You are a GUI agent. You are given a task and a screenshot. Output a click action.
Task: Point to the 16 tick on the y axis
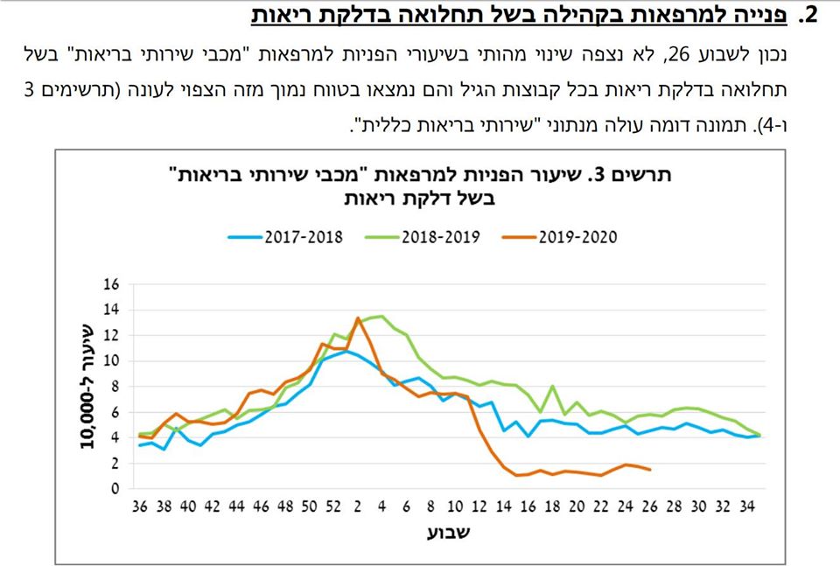click(x=109, y=284)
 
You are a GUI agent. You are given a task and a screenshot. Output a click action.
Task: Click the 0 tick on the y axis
click(x=113, y=489)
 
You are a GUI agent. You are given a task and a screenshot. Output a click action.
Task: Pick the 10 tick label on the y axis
click(x=109, y=361)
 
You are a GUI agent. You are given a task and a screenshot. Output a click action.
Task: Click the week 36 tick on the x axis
click(x=139, y=507)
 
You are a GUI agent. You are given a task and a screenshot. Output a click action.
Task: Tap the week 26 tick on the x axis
click(x=650, y=507)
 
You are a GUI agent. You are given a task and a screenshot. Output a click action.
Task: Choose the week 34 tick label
click(x=748, y=507)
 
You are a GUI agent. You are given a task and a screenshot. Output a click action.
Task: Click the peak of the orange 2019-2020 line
click(x=358, y=318)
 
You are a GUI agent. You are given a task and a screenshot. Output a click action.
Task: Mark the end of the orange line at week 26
click(x=650, y=470)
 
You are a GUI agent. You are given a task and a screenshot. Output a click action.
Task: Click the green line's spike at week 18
click(x=553, y=386)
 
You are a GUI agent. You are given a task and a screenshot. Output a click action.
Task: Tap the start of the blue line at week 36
click(x=139, y=445)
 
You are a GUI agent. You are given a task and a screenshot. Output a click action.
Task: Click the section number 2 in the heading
click(x=811, y=15)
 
